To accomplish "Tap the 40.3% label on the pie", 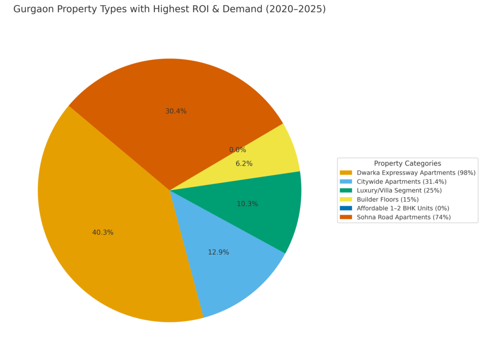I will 103,233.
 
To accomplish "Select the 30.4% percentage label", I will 176,111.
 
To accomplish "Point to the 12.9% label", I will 218,252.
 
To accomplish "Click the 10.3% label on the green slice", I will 247,204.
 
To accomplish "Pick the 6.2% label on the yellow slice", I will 244,164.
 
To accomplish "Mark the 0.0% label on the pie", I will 238,150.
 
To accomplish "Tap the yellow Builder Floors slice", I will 278,151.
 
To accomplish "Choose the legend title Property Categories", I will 408,164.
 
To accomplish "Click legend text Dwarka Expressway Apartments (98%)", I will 416,173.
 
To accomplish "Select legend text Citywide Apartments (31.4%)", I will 401,182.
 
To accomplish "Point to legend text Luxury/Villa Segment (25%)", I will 399,191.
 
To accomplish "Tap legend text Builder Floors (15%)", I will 388,200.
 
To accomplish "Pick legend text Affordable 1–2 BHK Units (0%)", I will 403,208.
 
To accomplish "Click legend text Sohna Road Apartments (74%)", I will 404,217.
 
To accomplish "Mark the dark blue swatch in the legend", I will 346,208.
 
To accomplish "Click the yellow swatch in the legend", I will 346,200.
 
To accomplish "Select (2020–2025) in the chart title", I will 298,9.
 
